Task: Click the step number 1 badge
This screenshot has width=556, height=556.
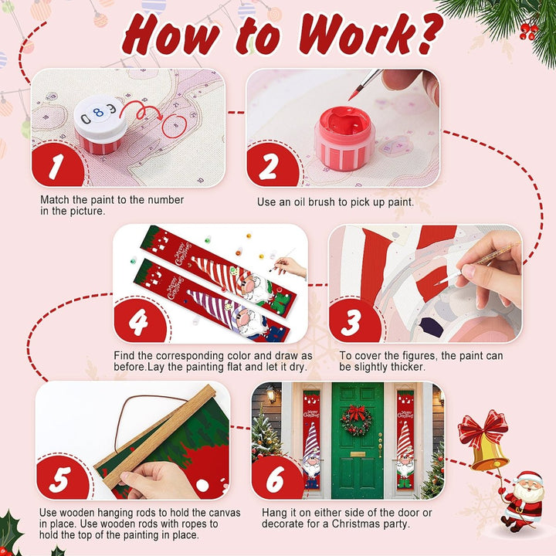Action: tap(56, 165)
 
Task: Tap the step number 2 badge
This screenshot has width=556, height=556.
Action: tap(271, 165)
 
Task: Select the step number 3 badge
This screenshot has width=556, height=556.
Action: tap(354, 321)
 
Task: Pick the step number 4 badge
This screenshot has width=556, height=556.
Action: tap(139, 321)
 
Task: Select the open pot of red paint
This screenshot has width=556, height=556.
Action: tap(344, 137)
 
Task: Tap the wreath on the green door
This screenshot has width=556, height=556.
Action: tap(356, 420)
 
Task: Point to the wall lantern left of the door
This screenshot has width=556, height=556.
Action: tap(271, 394)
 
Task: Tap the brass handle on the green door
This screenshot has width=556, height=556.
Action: tap(380, 444)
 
